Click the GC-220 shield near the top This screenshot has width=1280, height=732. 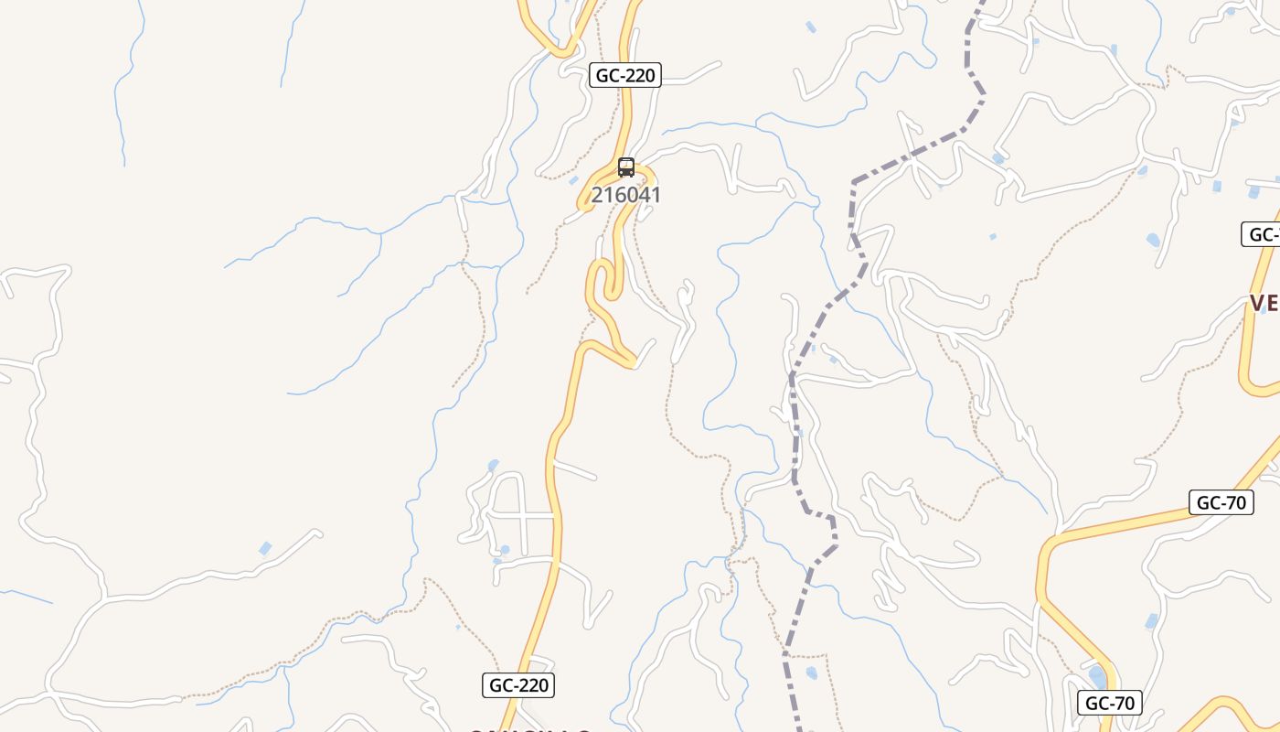pos(625,75)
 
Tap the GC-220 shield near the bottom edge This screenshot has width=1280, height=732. pos(518,684)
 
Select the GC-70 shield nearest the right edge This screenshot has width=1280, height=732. pos(1221,502)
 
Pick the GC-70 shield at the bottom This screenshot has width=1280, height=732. pos(1110,703)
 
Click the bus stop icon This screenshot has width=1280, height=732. pos(626,167)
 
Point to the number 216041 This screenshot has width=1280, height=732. pos(625,195)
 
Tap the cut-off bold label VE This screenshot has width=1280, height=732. pos(1264,303)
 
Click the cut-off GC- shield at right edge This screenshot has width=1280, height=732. pos(1262,234)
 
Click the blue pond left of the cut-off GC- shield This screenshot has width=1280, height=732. pos(1154,241)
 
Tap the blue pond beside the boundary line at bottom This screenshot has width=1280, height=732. pos(812,673)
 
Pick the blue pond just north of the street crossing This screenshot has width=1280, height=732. pos(494,466)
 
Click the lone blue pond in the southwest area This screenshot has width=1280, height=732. pos(265,548)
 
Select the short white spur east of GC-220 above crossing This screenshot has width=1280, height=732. pos(574,470)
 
